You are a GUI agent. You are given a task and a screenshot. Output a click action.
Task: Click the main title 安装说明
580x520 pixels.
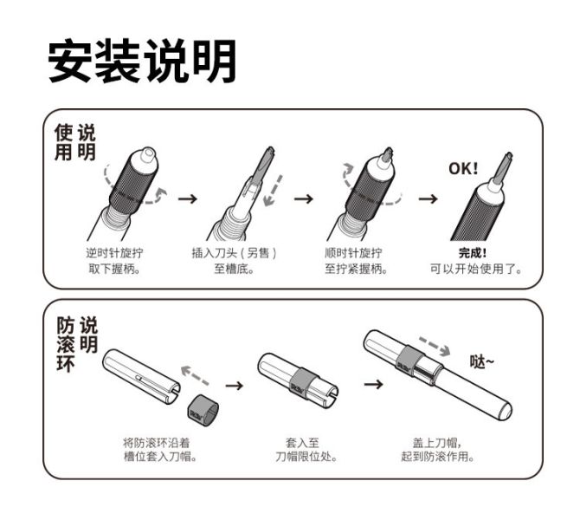coord(142,62)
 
